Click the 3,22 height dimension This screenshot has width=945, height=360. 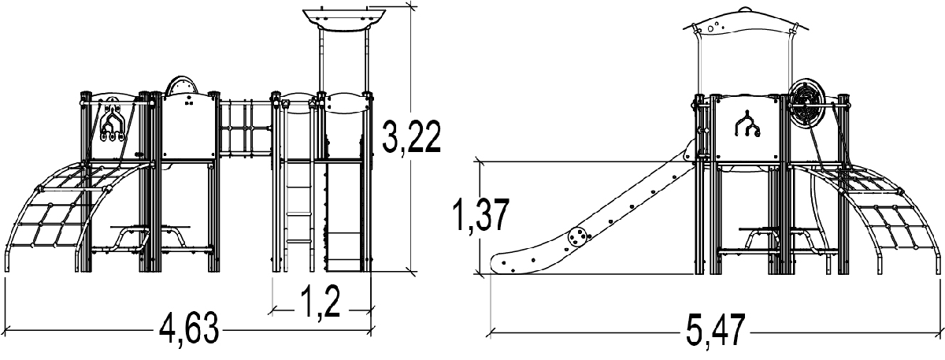411,136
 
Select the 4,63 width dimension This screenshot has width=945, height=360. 189,328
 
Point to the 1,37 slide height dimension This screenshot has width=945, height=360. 481,215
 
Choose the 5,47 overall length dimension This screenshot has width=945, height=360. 716,329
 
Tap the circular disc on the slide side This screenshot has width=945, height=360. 576,237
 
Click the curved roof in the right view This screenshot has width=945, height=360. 746,24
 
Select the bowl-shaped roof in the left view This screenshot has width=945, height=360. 344,19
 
